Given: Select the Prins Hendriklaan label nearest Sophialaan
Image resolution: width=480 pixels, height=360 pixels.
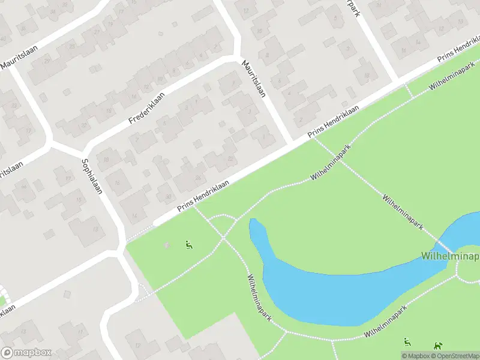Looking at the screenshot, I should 204,196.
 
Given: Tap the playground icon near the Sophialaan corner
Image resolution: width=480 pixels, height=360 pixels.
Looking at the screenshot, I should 188,244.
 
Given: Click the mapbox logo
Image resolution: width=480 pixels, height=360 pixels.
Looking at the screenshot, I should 26,353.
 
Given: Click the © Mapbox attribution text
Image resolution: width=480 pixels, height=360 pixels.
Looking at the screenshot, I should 417,356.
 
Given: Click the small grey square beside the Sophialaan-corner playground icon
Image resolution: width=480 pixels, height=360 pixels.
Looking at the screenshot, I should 167,245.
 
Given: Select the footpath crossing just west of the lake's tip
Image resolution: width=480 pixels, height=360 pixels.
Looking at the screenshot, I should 223,238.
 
